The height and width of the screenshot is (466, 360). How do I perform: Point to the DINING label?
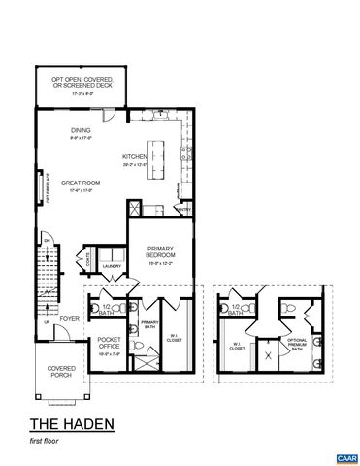81,131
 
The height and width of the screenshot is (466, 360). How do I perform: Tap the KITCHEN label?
134,157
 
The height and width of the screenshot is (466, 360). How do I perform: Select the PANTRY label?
183,208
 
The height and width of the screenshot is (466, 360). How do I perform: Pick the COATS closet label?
87,258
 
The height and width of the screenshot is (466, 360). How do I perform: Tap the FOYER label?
69,317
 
